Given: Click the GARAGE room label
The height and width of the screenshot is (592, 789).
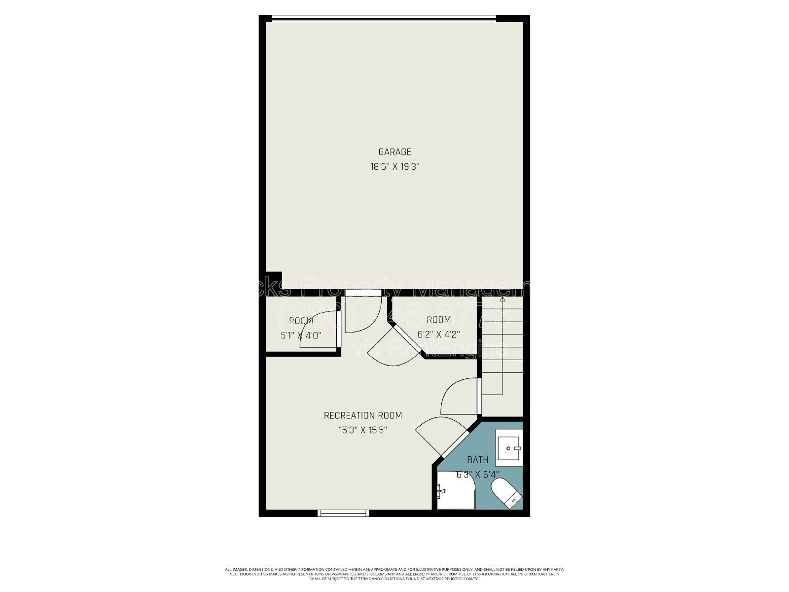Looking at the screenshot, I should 394,152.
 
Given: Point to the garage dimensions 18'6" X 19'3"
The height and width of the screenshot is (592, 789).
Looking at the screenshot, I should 394,167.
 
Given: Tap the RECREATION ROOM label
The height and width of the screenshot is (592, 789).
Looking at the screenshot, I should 362,415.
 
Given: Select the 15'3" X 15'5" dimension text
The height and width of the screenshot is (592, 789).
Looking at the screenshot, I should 362,430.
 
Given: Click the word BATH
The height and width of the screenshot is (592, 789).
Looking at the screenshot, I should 477,460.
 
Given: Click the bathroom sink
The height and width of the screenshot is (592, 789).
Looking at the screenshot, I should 508,448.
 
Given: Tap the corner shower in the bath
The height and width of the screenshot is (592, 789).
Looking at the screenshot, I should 455,491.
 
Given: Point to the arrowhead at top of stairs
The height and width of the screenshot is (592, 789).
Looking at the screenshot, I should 502,298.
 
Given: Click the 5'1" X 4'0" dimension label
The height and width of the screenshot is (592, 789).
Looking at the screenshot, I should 301,335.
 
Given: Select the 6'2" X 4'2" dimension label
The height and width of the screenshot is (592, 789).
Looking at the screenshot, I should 438,334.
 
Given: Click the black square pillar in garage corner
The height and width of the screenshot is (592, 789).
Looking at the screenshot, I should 274,279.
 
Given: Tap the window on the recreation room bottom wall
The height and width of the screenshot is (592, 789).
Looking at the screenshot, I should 343,513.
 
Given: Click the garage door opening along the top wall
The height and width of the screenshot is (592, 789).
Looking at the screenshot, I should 384,19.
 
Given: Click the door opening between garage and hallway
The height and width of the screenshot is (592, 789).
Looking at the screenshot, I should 363,293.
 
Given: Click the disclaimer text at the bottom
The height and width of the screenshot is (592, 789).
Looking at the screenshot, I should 394,574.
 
